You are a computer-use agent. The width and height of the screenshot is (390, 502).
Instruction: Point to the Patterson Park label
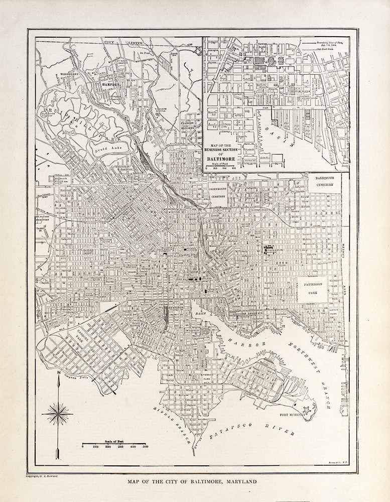[313, 288]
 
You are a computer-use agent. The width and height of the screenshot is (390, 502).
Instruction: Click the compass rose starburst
[58, 414]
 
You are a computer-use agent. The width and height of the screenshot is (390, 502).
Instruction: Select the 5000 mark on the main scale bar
[145, 446]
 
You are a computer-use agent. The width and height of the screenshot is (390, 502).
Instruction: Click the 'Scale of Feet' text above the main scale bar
[114, 440]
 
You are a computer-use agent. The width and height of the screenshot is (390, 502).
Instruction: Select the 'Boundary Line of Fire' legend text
[329, 44]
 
